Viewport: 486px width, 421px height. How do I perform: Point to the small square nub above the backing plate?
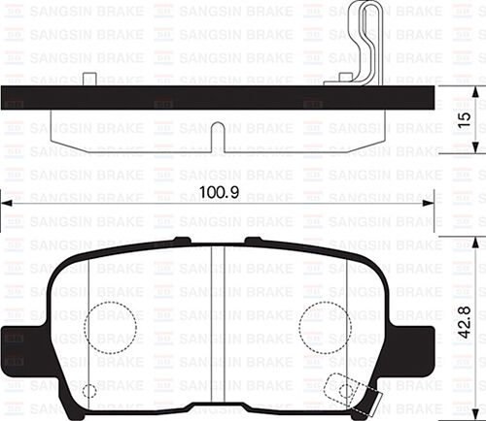89,79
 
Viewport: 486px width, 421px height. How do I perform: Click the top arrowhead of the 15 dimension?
474,92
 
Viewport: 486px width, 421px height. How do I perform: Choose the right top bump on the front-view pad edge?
255,240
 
